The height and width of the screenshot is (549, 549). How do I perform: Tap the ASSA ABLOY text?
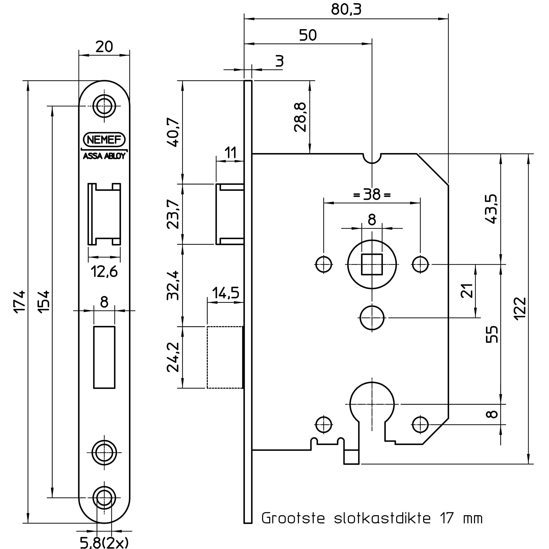(x=104, y=156)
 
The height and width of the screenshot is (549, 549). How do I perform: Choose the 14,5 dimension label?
(x=226, y=293)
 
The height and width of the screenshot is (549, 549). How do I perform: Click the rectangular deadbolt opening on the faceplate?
(x=104, y=357)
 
